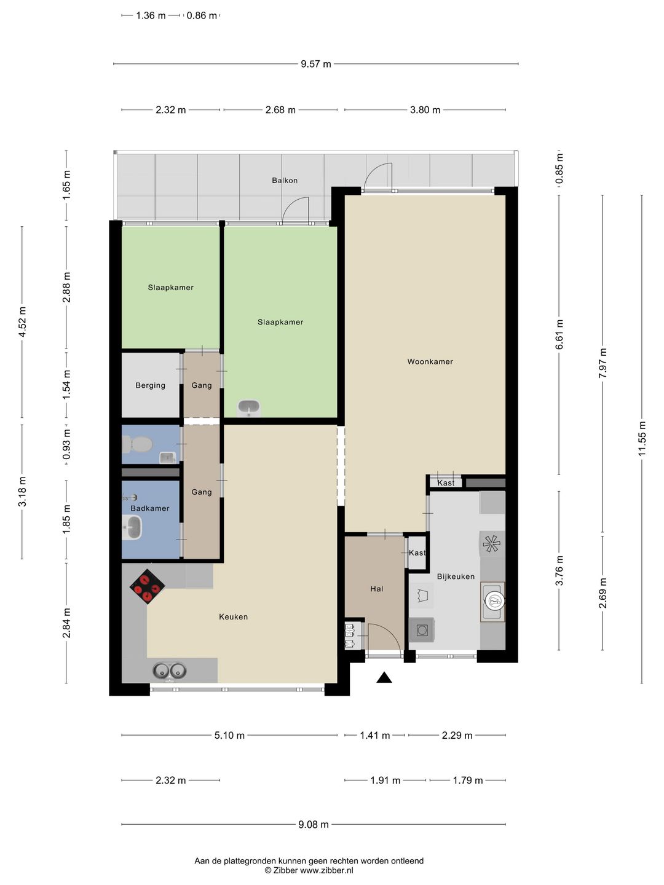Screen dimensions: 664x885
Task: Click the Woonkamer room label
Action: click(430, 361)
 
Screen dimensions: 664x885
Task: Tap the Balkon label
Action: click(285, 180)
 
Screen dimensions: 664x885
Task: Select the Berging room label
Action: click(151, 385)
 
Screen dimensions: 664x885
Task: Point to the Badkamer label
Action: click(150, 508)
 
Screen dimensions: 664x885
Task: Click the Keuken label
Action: click(234, 616)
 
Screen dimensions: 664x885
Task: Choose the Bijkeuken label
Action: click(456, 576)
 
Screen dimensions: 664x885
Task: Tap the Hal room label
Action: click(376, 589)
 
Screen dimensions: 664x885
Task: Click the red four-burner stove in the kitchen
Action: click(147, 586)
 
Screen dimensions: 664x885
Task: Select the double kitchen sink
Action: click(169, 671)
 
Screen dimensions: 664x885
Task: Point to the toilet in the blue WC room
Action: click(137, 445)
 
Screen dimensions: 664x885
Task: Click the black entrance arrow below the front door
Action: click(384, 677)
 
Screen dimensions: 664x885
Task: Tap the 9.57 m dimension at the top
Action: click(315, 64)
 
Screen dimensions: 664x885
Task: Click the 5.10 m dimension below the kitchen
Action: click(229, 736)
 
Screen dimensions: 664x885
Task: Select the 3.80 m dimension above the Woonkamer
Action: click(425, 109)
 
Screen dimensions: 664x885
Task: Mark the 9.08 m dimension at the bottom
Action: click(314, 825)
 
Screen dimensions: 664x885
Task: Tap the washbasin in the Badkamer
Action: click(132, 528)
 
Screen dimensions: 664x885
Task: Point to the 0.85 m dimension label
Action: click(559, 168)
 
